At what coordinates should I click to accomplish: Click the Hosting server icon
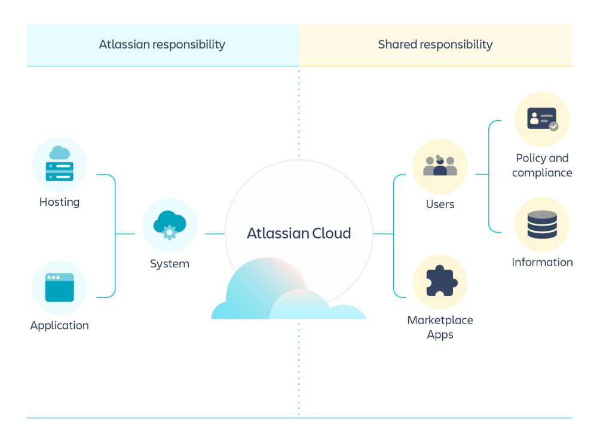(59, 164)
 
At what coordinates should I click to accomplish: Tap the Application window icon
(59, 288)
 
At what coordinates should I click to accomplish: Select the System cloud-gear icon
(170, 225)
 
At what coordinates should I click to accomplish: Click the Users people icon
(440, 166)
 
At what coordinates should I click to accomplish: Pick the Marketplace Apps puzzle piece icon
(440, 282)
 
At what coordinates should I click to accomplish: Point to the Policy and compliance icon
(542, 119)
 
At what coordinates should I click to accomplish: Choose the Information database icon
(542, 224)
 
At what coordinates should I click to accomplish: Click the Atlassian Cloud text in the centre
(299, 233)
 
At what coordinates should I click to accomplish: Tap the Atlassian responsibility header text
(162, 44)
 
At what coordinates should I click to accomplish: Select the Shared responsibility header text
(435, 44)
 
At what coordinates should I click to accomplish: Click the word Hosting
(59, 202)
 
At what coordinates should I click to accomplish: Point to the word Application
(59, 325)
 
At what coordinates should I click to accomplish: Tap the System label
(170, 264)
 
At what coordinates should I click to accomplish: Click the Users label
(440, 205)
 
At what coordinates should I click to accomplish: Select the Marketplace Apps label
(440, 327)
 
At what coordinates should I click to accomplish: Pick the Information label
(542, 262)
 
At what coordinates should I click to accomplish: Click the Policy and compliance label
(542, 165)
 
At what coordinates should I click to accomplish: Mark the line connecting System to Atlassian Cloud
(215, 234)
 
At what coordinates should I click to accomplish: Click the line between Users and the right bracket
(482, 175)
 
